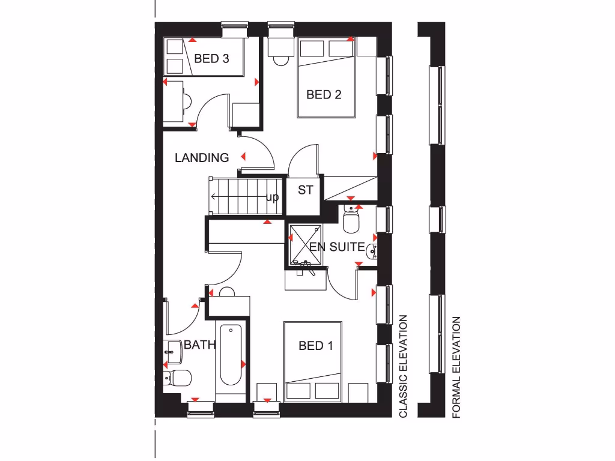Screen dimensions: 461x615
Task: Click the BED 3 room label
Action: [211, 59]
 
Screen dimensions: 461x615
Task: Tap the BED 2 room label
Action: [324, 94]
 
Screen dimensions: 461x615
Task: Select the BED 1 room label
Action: [316, 346]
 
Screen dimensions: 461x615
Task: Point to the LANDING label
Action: [202, 158]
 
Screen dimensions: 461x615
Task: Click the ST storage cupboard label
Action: [306, 190]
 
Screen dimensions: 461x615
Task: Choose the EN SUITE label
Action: [337, 246]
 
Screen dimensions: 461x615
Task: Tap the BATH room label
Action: [199, 345]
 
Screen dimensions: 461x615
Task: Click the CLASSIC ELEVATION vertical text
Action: [404, 366]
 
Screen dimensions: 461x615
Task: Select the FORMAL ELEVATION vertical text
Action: [456, 367]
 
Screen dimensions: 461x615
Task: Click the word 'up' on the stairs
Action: [272, 197]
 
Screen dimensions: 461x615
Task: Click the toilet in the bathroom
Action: [178, 378]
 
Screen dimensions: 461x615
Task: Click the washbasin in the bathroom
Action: [173, 351]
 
